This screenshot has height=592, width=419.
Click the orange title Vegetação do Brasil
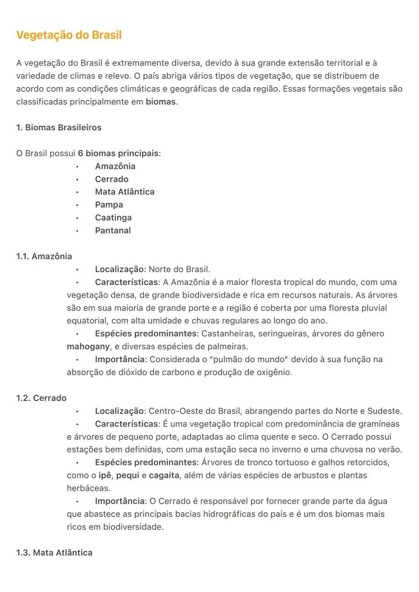pyautogui.click(x=69, y=35)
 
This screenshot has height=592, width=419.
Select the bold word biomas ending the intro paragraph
pyautogui.click(x=161, y=102)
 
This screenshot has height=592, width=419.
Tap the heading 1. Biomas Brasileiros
pyautogui.click(x=59, y=128)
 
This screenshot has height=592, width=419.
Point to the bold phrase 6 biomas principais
pyautogui.click(x=118, y=154)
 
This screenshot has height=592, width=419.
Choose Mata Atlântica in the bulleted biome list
pyautogui.click(x=125, y=192)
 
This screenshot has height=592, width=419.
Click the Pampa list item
pyautogui.click(x=109, y=205)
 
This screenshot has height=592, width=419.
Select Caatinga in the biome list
pyautogui.click(x=113, y=217)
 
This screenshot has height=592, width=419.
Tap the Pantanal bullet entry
pyautogui.click(x=113, y=231)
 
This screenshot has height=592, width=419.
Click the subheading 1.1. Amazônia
pyautogui.click(x=44, y=256)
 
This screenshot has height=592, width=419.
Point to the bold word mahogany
pyautogui.click(x=88, y=347)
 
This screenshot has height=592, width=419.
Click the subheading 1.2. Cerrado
pyautogui.click(x=41, y=398)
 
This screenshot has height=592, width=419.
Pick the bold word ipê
pyautogui.click(x=105, y=475)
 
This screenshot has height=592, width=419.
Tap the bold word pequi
pyautogui.click(x=128, y=475)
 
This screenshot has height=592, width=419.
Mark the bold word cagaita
pyautogui.click(x=164, y=475)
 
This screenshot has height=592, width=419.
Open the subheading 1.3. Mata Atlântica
pyautogui.click(x=54, y=553)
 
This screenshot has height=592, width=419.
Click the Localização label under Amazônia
pyautogui.click(x=119, y=269)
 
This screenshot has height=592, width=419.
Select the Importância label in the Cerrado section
pyautogui.click(x=120, y=501)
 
